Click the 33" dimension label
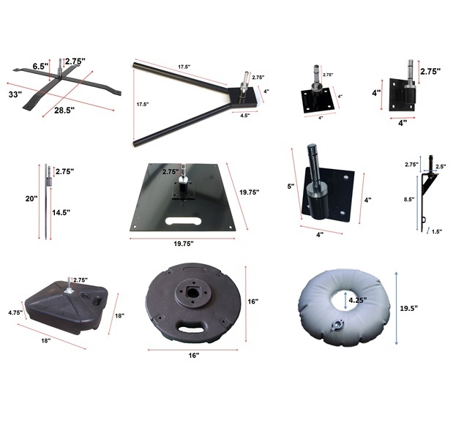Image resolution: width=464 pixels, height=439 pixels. point(15,94)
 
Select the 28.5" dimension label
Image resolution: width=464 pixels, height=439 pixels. point(64,110)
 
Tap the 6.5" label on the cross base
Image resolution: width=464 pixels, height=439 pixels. point(40,67)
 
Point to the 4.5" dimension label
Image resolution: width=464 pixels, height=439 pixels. point(245,116)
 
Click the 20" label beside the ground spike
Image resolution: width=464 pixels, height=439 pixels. point(31,199)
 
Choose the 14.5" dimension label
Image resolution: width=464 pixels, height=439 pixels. point(61,212)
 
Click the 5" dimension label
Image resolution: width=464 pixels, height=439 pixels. point(291,187)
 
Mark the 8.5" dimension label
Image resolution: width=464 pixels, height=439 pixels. point(409,200)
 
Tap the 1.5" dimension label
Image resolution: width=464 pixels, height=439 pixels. point(437,232)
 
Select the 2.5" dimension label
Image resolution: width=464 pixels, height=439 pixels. point(441,167)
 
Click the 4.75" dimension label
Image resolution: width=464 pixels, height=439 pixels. point(15,312)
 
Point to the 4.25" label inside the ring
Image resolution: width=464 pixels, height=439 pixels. point(358,300)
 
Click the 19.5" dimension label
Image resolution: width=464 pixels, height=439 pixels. point(408,308)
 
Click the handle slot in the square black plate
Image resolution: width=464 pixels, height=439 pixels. point(184,221)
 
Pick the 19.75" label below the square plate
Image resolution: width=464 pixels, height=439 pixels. point(184,244)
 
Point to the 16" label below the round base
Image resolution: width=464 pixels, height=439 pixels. point(194,356)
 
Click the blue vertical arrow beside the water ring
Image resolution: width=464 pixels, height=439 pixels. point(397,308)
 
